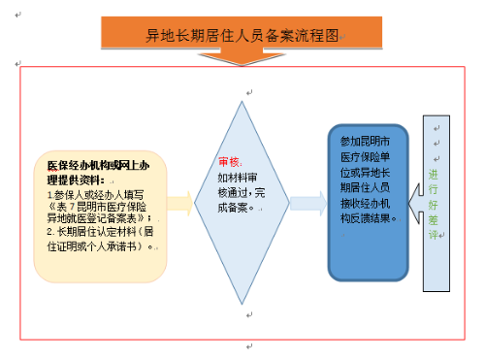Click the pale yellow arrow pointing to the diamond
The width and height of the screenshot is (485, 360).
(x=179, y=203)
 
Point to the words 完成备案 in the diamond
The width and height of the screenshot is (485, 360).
(x=234, y=206)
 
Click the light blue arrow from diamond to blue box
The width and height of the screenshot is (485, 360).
(x=307, y=203)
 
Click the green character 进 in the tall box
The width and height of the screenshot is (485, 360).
(x=434, y=175)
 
